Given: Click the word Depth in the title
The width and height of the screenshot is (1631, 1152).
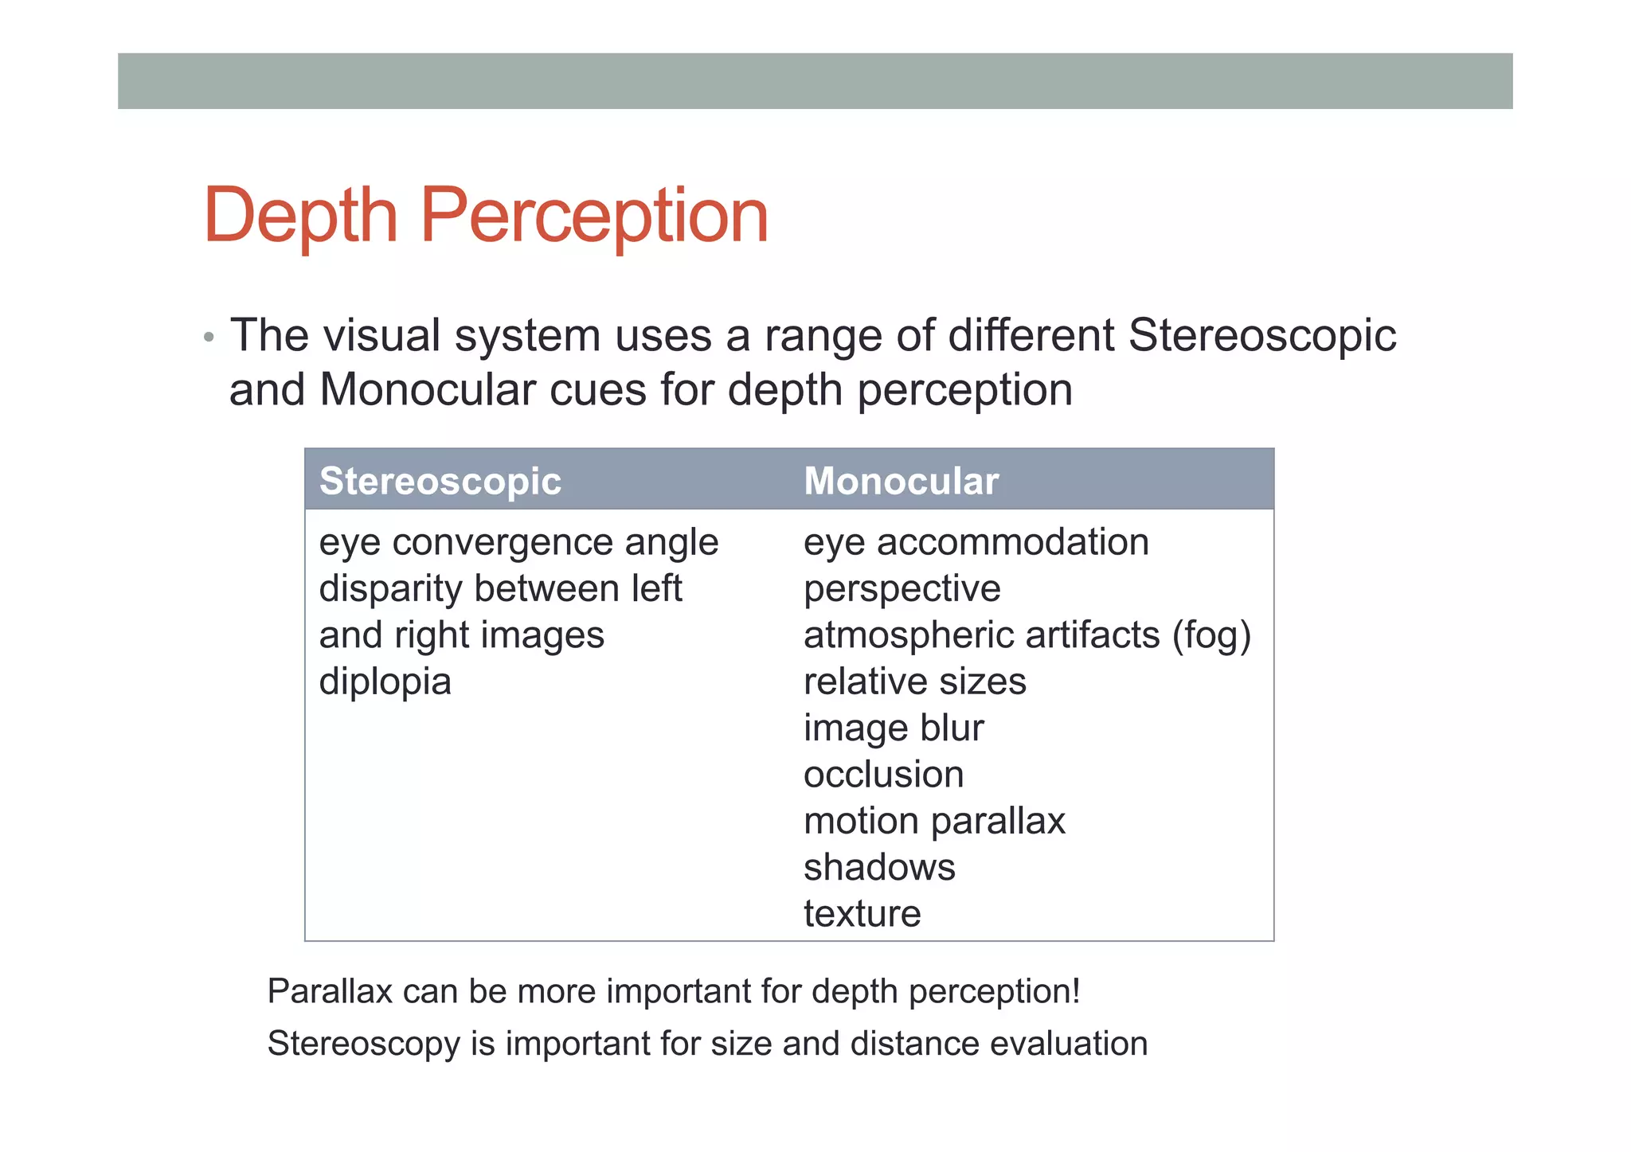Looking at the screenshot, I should pos(300,215).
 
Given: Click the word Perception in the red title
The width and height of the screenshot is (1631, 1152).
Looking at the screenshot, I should pos(593,215).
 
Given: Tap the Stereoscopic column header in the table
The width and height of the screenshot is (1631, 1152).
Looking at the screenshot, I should pos(440,481).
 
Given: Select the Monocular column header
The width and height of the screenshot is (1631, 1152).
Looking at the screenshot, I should pos(901,481).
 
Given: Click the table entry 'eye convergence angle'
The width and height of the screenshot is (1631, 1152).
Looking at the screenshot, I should pos(518,542).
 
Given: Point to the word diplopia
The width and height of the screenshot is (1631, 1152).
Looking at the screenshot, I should pos(385,681).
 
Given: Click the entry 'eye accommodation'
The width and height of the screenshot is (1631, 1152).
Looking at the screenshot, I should pos(976,542).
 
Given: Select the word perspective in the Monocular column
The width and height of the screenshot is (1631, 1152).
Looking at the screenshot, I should pos(902,589).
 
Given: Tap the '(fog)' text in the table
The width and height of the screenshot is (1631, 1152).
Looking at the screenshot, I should pos(1211,635).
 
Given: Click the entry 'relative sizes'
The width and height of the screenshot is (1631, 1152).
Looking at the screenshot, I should pos(915,681).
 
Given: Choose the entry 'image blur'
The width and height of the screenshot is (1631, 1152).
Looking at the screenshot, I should pos(894,728).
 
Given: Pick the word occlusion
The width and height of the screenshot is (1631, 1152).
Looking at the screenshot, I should pos(883,774).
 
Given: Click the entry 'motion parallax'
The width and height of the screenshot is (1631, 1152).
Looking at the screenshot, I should pos(934,821).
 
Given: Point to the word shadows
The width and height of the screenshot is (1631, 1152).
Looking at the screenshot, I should pos(879,867).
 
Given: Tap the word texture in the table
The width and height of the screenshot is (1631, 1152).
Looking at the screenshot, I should pos(862,913).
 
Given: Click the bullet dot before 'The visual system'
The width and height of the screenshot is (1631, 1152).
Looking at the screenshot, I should pos(209,337).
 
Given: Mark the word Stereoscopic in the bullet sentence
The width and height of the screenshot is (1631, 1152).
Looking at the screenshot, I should pos(1261,335).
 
